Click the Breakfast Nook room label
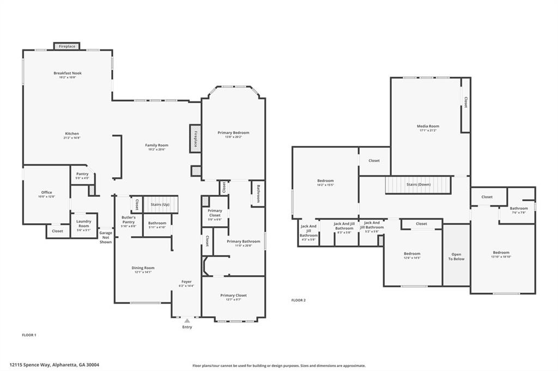point(68,73)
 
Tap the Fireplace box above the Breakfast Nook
point(67,46)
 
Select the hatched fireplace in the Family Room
point(195,137)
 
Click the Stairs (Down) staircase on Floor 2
point(418,184)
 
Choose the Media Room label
point(428,126)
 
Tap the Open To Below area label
point(456,256)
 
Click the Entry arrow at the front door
point(187,321)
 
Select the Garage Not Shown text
point(106,237)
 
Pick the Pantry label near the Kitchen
point(82,174)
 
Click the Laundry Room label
point(83,223)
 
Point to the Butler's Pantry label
point(128,220)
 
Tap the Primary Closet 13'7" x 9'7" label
point(233,295)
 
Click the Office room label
point(46,192)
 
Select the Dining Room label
point(143,268)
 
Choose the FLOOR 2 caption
point(298,300)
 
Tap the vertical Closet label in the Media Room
point(465,102)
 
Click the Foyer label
point(186,282)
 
